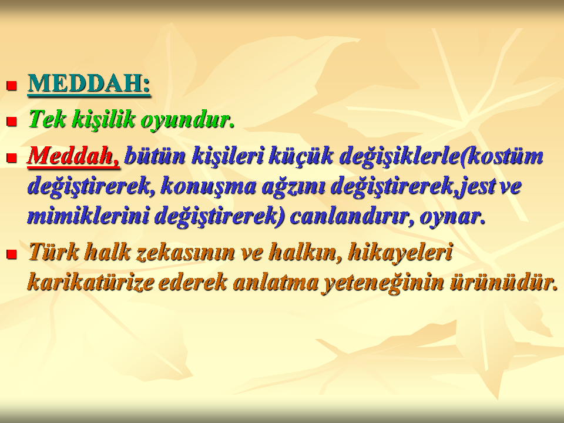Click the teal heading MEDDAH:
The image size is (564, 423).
point(89,84)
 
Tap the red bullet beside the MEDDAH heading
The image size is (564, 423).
point(12,86)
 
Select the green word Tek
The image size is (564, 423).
point(47,119)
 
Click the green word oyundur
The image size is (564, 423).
point(187,120)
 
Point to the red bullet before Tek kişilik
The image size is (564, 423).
point(12,122)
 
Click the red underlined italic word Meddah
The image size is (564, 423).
point(73,156)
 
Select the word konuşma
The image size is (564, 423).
point(208,187)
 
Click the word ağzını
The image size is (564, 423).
point(293,187)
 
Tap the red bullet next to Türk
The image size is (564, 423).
point(12,254)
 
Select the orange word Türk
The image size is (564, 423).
point(53,252)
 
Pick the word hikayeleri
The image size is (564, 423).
point(400,253)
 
